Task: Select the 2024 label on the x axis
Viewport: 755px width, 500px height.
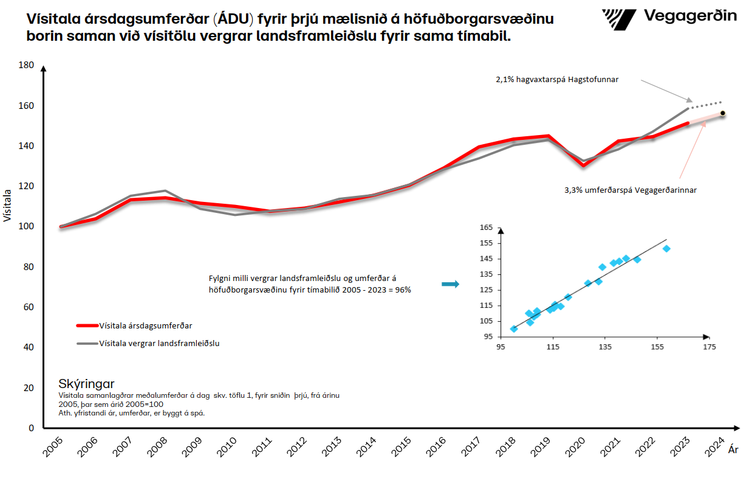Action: pyautogui.click(x=715, y=450)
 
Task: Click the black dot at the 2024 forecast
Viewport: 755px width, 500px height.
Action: pyautogui.click(x=723, y=113)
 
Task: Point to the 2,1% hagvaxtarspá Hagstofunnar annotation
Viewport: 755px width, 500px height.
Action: pyautogui.click(x=557, y=79)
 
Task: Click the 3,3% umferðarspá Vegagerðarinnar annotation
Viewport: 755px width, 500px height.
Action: pyautogui.click(x=630, y=190)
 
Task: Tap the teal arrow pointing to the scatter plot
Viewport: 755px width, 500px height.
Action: pyautogui.click(x=450, y=284)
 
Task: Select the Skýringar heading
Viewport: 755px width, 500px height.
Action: pyautogui.click(x=86, y=384)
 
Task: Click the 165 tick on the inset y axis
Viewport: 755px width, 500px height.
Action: pyautogui.click(x=486, y=227)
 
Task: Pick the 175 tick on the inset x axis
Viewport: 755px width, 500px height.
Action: pyautogui.click(x=709, y=347)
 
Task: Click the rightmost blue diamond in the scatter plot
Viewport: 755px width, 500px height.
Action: pyautogui.click(x=666, y=249)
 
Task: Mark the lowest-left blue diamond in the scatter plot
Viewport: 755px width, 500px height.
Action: pyautogui.click(x=514, y=329)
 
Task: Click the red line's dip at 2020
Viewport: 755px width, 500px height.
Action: pyautogui.click(x=583, y=165)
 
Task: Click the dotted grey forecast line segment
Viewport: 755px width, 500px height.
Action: pyautogui.click(x=706, y=105)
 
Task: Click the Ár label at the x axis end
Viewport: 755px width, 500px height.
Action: pyautogui.click(x=733, y=450)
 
